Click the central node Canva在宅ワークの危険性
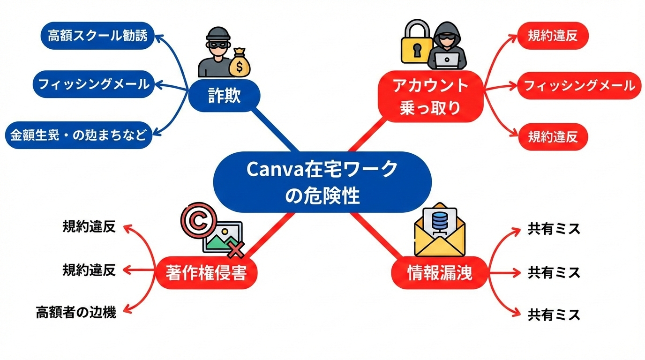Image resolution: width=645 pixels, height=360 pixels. point(322,182)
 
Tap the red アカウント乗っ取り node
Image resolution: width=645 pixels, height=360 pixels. point(430,97)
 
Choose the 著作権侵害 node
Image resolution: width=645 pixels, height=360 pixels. point(206,273)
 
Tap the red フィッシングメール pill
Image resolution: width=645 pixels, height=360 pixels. point(579,86)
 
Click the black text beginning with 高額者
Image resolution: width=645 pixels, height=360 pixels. point(76,312)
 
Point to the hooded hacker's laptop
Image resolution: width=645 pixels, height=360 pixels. point(446,60)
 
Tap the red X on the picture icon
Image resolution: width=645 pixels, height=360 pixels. point(237,249)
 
